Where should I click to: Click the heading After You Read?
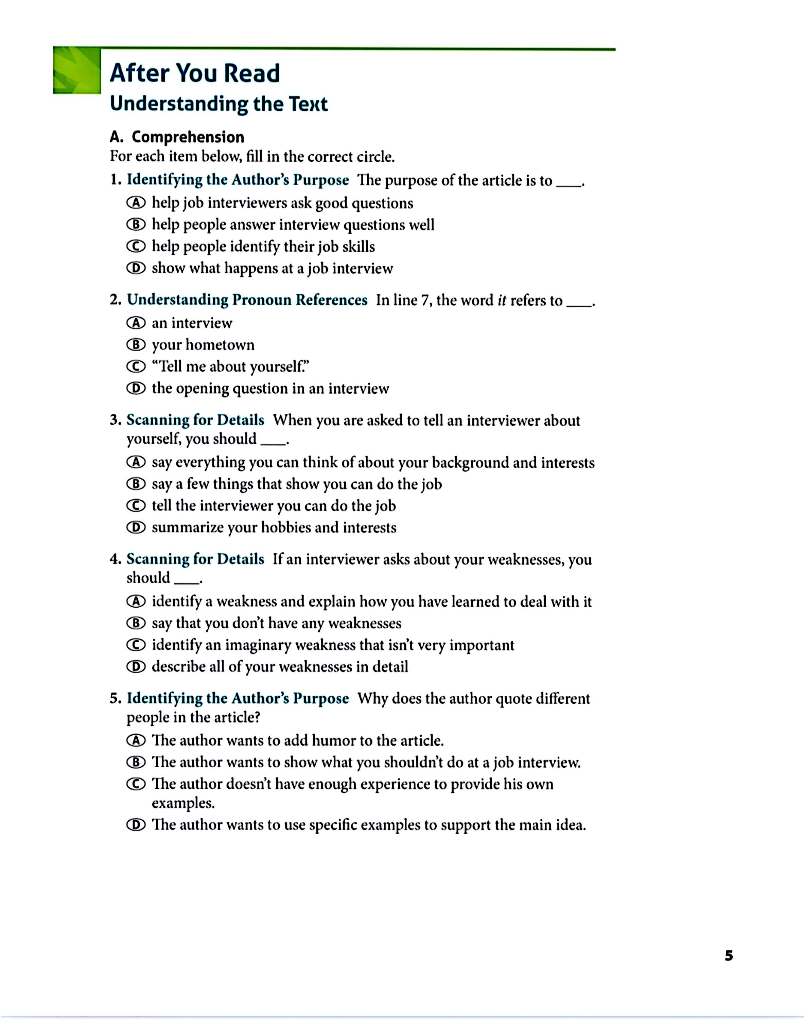coord(195,73)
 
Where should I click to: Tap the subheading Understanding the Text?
coord(219,104)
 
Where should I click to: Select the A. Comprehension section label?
coord(177,137)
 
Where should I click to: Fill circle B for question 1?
coord(136,225)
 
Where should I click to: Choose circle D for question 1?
coord(136,268)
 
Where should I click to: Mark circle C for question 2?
coord(136,366)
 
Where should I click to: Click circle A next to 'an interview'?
coord(136,323)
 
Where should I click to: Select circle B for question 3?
coord(136,484)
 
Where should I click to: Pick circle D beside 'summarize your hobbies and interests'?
coord(136,528)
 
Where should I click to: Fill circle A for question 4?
coord(136,601)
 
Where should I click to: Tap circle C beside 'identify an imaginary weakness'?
coord(136,645)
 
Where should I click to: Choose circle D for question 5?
coord(136,825)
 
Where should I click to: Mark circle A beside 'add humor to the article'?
coord(136,740)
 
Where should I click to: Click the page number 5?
coord(729,955)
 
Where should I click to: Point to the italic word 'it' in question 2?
coord(502,301)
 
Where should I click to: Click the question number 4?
coord(115,559)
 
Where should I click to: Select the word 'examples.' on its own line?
coord(183,803)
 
